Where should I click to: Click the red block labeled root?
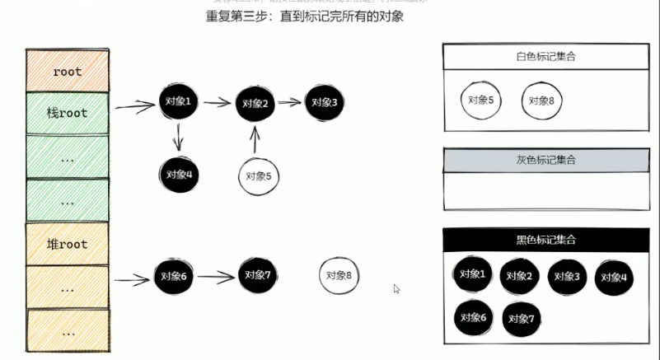coord(68,72)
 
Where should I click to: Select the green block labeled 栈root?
coord(68,113)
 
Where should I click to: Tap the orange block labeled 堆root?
coord(68,244)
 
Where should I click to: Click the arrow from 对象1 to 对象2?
coord(217,103)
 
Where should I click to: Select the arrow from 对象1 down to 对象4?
coord(179,136)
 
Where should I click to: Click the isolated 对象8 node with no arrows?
coord(339,276)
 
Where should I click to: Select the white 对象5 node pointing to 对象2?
coord(258,175)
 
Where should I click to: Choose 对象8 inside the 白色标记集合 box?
coord(541,100)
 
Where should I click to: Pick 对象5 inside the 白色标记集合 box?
coord(480,99)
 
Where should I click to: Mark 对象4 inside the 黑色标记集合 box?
coord(614,278)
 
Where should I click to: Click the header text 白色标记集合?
coord(545,57)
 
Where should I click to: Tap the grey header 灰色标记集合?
coord(545,160)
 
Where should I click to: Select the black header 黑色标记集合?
coord(545,240)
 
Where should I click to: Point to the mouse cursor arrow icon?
coord(397,288)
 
